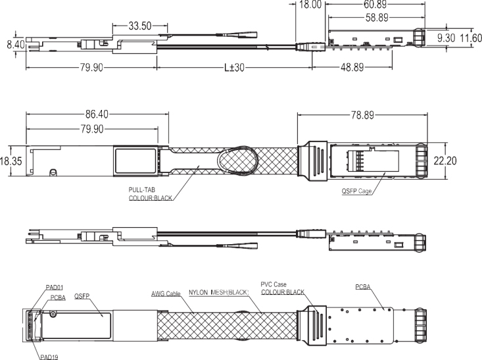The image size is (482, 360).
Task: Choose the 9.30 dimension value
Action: (x=448, y=39)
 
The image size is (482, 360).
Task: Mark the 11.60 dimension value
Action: (x=470, y=39)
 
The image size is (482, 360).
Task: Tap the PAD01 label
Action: (x=56, y=287)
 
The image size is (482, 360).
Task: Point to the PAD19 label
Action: (x=47, y=355)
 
